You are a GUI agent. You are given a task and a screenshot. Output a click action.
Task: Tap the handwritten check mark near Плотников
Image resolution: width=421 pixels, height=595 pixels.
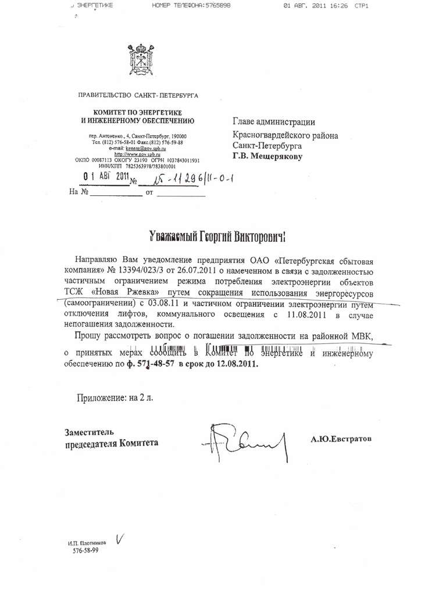[x=121, y=539]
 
